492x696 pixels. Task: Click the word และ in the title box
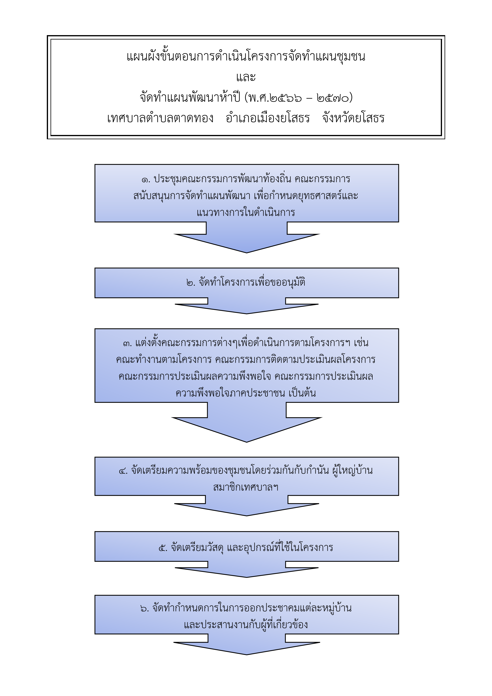(x=246, y=77)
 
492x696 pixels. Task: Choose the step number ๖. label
(x=145, y=608)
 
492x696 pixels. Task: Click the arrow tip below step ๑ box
(x=247, y=253)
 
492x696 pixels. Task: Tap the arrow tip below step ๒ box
(x=247, y=314)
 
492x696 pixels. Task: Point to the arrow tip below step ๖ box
(x=247, y=655)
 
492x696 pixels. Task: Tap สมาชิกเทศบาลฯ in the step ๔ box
(x=246, y=487)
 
